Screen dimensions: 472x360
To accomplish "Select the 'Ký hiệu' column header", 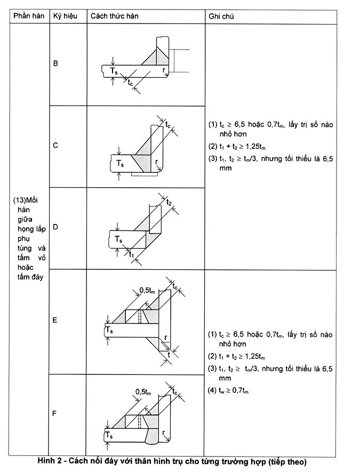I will point(65,16).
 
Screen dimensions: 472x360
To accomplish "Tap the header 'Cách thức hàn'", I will point(114,16).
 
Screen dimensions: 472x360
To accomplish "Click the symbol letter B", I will point(56,63).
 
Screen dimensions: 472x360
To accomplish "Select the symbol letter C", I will point(56,145).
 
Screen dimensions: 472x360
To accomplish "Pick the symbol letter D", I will point(56,227).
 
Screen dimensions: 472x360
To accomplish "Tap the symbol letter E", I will point(56,321).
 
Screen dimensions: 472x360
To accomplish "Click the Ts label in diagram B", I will point(114,70).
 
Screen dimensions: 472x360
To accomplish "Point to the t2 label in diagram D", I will point(169,202).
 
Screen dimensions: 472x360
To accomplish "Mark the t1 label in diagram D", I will point(132,255).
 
